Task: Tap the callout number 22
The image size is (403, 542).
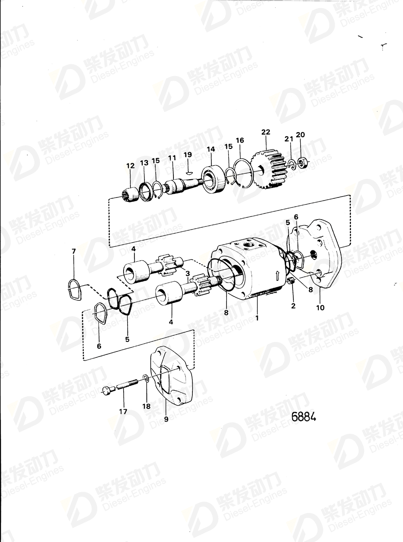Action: pyautogui.click(x=266, y=132)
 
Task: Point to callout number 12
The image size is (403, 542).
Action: pyautogui.click(x=130, y=166)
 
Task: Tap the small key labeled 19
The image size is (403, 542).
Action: pyautogui.click(x=189, y=172)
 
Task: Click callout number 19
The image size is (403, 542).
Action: pyautogui.click(x=188, y=154)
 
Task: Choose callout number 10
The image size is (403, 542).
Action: pyautogui.click(x=320, y=308)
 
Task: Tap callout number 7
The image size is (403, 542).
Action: pyautogui.click(x=73, y=251)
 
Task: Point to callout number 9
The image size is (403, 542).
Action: pyautogui.click(x=166, y=419)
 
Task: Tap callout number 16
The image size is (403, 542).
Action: pyautogui.click(x=240, y=141)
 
